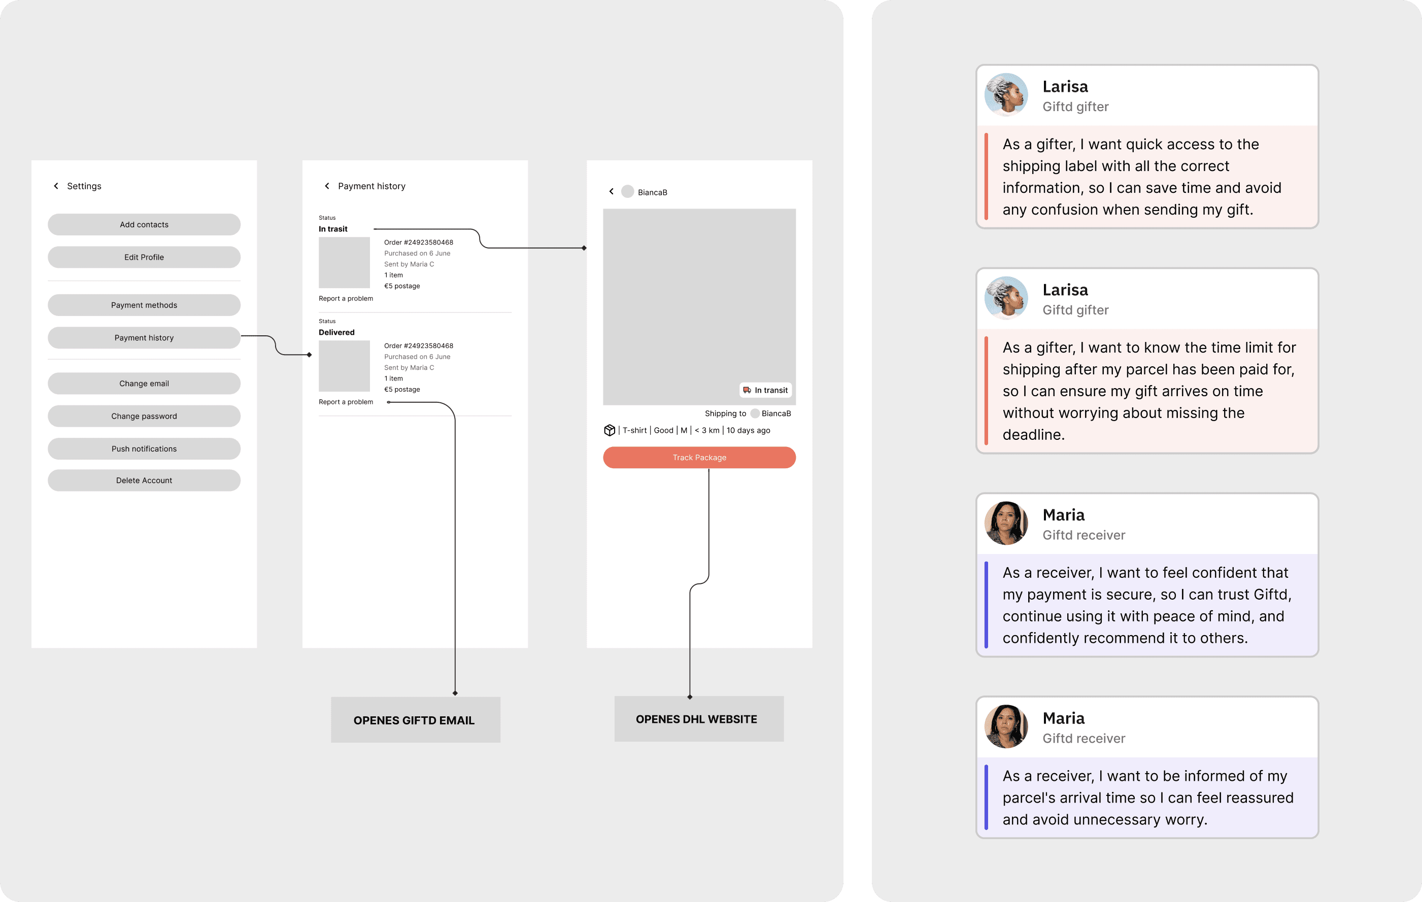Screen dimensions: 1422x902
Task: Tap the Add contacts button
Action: tap(144, 224)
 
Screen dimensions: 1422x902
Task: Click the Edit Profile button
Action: tap(144, 257)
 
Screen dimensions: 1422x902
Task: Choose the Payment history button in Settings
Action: tap(144, 338)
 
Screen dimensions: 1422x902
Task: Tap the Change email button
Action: tap(144, 384)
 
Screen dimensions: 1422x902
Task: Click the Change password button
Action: tap(144, 416)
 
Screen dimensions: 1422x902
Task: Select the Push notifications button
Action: tap(144, 448)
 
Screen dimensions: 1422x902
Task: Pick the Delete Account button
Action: tap(144, 480)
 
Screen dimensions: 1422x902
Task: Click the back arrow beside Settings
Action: tap(56, 186)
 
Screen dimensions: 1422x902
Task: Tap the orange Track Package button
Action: tap(699, 458)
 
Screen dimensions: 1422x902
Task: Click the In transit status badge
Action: tap(765, 390)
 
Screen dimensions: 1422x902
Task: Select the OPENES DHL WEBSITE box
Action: tap(699, 719)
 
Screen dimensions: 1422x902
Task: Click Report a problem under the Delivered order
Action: tap(346, 402)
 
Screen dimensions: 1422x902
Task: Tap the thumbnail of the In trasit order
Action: tap(344, 263)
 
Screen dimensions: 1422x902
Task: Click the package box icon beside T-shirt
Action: tap(610, 430)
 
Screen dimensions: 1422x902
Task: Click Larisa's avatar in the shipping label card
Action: tap(1006, 94)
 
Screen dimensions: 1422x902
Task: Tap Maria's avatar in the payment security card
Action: tap(1006, 523)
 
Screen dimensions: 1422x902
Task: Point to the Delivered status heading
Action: tap(336, 332)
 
